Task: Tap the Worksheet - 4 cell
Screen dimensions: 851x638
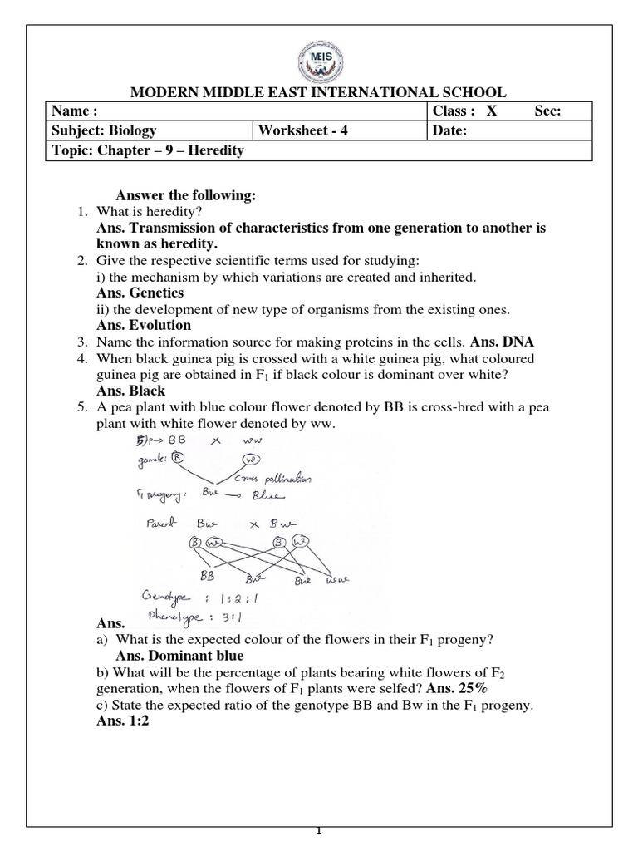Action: [x=297, y=130]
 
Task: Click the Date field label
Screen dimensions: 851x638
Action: [x=450, y=130]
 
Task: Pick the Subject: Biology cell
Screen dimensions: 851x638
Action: [x=104, y=130]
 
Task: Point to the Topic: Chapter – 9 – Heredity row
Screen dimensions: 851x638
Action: [x=148, y=150]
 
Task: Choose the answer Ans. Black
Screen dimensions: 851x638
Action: [x=130, y=391]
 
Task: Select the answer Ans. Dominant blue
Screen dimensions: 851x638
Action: [x=170, y=656]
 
